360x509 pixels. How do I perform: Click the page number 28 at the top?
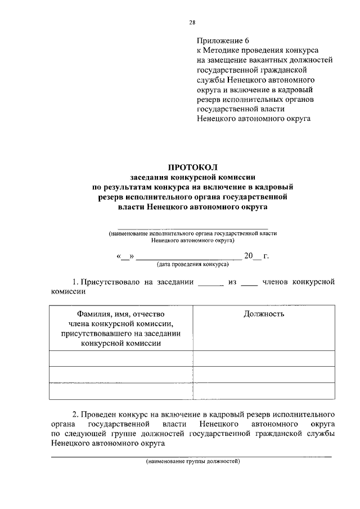(192, 22)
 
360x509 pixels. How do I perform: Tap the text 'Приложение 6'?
(222, 41)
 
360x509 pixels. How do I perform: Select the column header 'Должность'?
(264, 314)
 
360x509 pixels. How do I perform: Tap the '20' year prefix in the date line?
(248, 256)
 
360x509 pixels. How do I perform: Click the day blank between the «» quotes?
(125, 256)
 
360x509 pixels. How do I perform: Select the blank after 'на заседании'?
(211, 281)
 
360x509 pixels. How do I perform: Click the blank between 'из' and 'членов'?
(249, 281)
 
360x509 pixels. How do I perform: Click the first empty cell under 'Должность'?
(264, 358)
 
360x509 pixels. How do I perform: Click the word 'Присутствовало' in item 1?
(110, 281)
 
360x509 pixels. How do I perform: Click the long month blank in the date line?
(189, 256)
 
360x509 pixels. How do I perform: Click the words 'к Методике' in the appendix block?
(216, 51)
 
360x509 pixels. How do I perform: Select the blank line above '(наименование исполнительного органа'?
(193, 228)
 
